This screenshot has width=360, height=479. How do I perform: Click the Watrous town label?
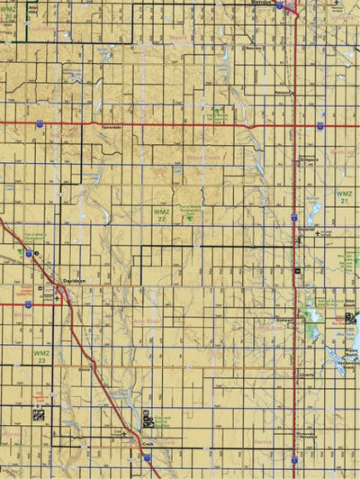(258, 4)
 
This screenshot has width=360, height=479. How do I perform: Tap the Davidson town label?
(75, 280)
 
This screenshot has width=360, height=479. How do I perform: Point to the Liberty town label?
(307, 373)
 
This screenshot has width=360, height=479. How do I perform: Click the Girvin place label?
(86, 368)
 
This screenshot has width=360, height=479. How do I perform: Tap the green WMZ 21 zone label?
(345, 197)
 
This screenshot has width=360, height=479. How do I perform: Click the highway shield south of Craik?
(147, 459)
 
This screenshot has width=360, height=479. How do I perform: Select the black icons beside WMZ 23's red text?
(38, 416)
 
